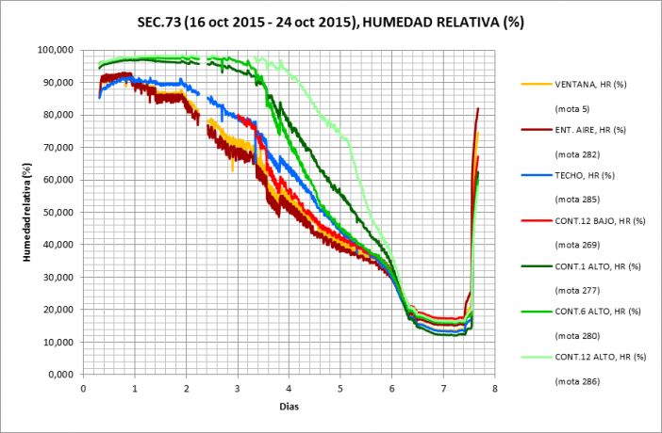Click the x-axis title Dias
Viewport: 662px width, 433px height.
[289, 406]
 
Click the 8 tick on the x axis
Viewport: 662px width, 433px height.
[494, 387]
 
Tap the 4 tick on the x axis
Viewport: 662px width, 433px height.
[289, 387]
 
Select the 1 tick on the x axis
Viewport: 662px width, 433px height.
[135, 387]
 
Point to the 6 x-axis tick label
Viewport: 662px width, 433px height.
[391, 387]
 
